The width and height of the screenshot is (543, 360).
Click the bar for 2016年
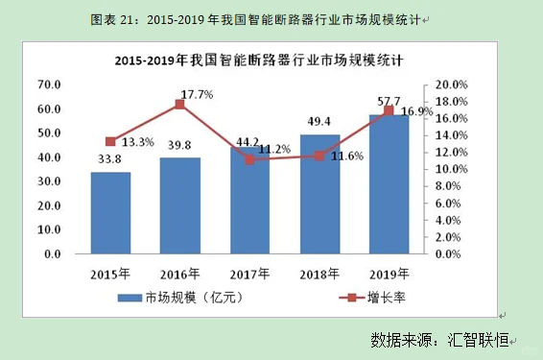(179, 205)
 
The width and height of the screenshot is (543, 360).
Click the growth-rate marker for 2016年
(179, 104)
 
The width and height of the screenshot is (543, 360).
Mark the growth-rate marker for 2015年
(110, 141)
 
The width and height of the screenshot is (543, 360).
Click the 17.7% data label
(196, 94)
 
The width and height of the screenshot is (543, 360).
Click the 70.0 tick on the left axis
(50, 84)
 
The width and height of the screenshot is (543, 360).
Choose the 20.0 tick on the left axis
(50, 205)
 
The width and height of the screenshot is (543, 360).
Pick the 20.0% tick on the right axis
(451, 84)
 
